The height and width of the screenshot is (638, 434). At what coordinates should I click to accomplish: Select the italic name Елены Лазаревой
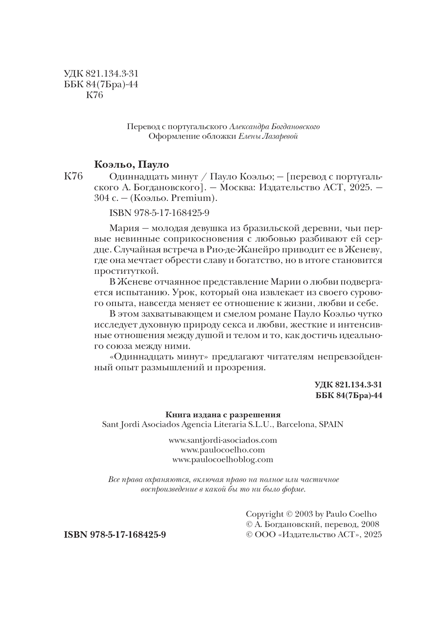268,137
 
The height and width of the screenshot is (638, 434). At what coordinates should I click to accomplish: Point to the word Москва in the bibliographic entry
235,187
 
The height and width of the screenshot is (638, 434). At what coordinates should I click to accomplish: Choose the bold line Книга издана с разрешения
223,415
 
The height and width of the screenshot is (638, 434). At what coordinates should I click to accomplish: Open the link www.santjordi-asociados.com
223,440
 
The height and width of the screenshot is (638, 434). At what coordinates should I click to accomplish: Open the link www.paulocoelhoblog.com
223,459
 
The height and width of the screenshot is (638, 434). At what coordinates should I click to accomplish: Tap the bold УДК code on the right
347,385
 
